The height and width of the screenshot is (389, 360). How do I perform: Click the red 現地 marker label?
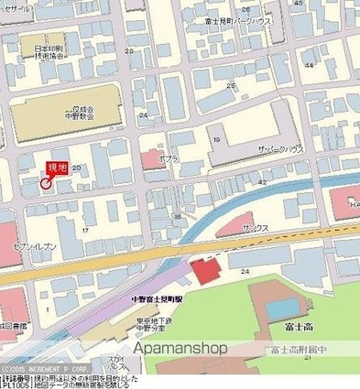click(x=56, y=166)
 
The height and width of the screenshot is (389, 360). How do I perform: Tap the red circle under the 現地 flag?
click(x=45, y=183)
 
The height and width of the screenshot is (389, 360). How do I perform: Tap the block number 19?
click(x=217, y=139)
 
